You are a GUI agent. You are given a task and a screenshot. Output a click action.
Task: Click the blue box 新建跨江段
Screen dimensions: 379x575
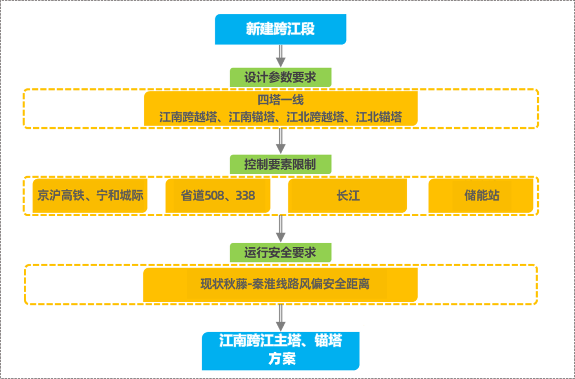(281, 29)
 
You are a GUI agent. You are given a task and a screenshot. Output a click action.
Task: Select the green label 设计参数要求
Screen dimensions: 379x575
(281, 77)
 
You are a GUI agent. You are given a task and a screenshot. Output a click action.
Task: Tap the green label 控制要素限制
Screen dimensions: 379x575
(281, 164)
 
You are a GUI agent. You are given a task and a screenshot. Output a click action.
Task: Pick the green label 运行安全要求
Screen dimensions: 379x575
(281, 252)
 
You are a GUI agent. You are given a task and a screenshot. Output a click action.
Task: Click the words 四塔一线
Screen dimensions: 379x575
(281, 100)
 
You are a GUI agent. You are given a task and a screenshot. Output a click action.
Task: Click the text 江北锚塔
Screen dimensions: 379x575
(379, 117)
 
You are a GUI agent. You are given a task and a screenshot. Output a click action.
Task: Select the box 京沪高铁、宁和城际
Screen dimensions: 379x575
(90, 195)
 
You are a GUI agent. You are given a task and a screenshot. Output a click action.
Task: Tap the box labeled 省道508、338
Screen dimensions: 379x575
(218, 195)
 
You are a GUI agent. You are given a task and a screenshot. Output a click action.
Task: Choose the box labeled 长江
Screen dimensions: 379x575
(348, 195)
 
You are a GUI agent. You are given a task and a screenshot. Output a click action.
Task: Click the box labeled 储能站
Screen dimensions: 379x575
(481, 195)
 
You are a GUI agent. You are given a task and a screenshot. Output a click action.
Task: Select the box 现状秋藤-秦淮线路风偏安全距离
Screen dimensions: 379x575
(281, 284)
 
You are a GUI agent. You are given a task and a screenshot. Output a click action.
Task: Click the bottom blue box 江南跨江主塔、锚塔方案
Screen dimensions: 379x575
(281, 350)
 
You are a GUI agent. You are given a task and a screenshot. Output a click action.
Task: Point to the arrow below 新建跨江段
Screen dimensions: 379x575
(281, 56)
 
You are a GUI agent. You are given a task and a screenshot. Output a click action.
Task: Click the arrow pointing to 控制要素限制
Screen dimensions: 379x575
(281, 141)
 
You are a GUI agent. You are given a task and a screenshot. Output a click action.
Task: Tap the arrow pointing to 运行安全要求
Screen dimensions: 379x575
(281, 229)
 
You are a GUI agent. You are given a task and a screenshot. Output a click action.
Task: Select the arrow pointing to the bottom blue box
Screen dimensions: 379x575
(281, 318)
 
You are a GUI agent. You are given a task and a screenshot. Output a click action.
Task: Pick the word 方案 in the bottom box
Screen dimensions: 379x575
(281, 359)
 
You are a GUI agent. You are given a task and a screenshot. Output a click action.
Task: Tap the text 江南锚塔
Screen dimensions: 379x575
(252, 117)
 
